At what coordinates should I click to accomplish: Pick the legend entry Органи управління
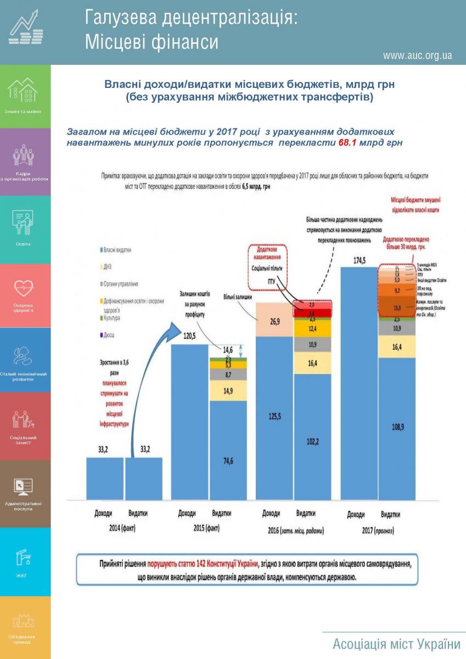click(x=120, y=284)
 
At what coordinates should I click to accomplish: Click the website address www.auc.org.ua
click(x=417, y=55)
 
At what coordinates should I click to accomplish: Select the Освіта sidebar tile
click(x=25, y=229)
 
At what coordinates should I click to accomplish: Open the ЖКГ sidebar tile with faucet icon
click(x=25, y=561)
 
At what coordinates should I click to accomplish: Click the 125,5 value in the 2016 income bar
click(x=274, y=416)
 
